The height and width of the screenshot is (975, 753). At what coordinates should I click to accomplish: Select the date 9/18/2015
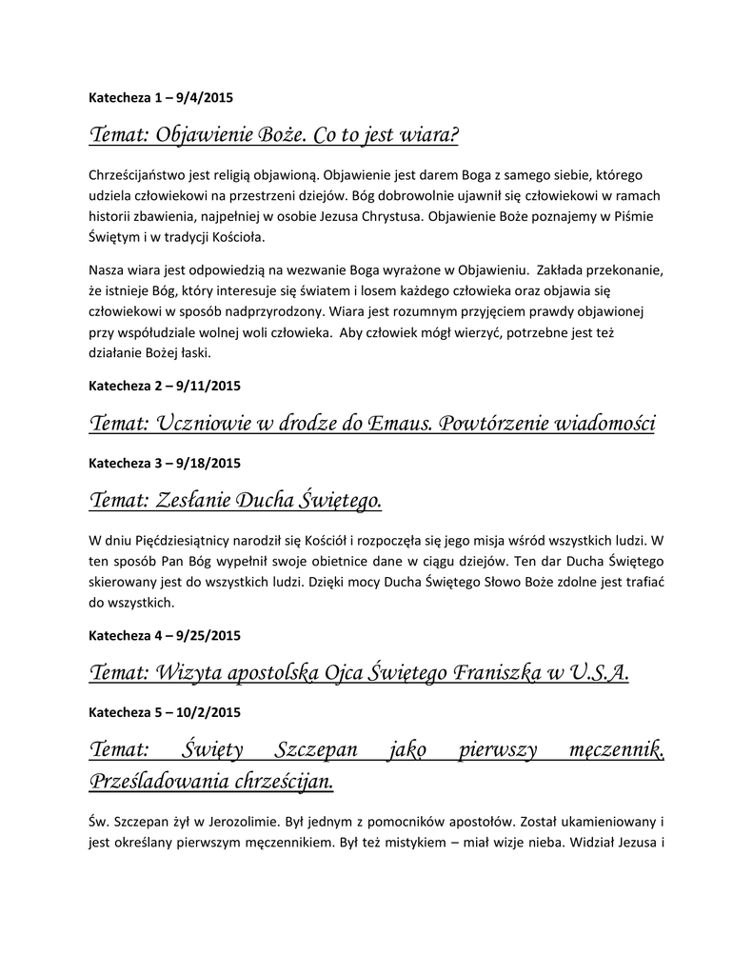(209, 463)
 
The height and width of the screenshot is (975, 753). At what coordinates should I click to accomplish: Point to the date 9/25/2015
(209, 635)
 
